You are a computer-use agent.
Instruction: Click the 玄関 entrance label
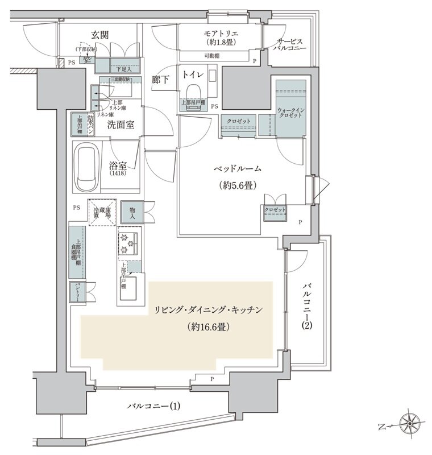point(99,35)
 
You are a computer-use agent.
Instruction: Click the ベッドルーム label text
point(237,169)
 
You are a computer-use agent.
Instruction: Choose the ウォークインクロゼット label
point(290,112)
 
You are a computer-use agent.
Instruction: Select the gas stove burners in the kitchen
point(129,244)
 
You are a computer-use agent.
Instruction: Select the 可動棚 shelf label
point(213,56)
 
